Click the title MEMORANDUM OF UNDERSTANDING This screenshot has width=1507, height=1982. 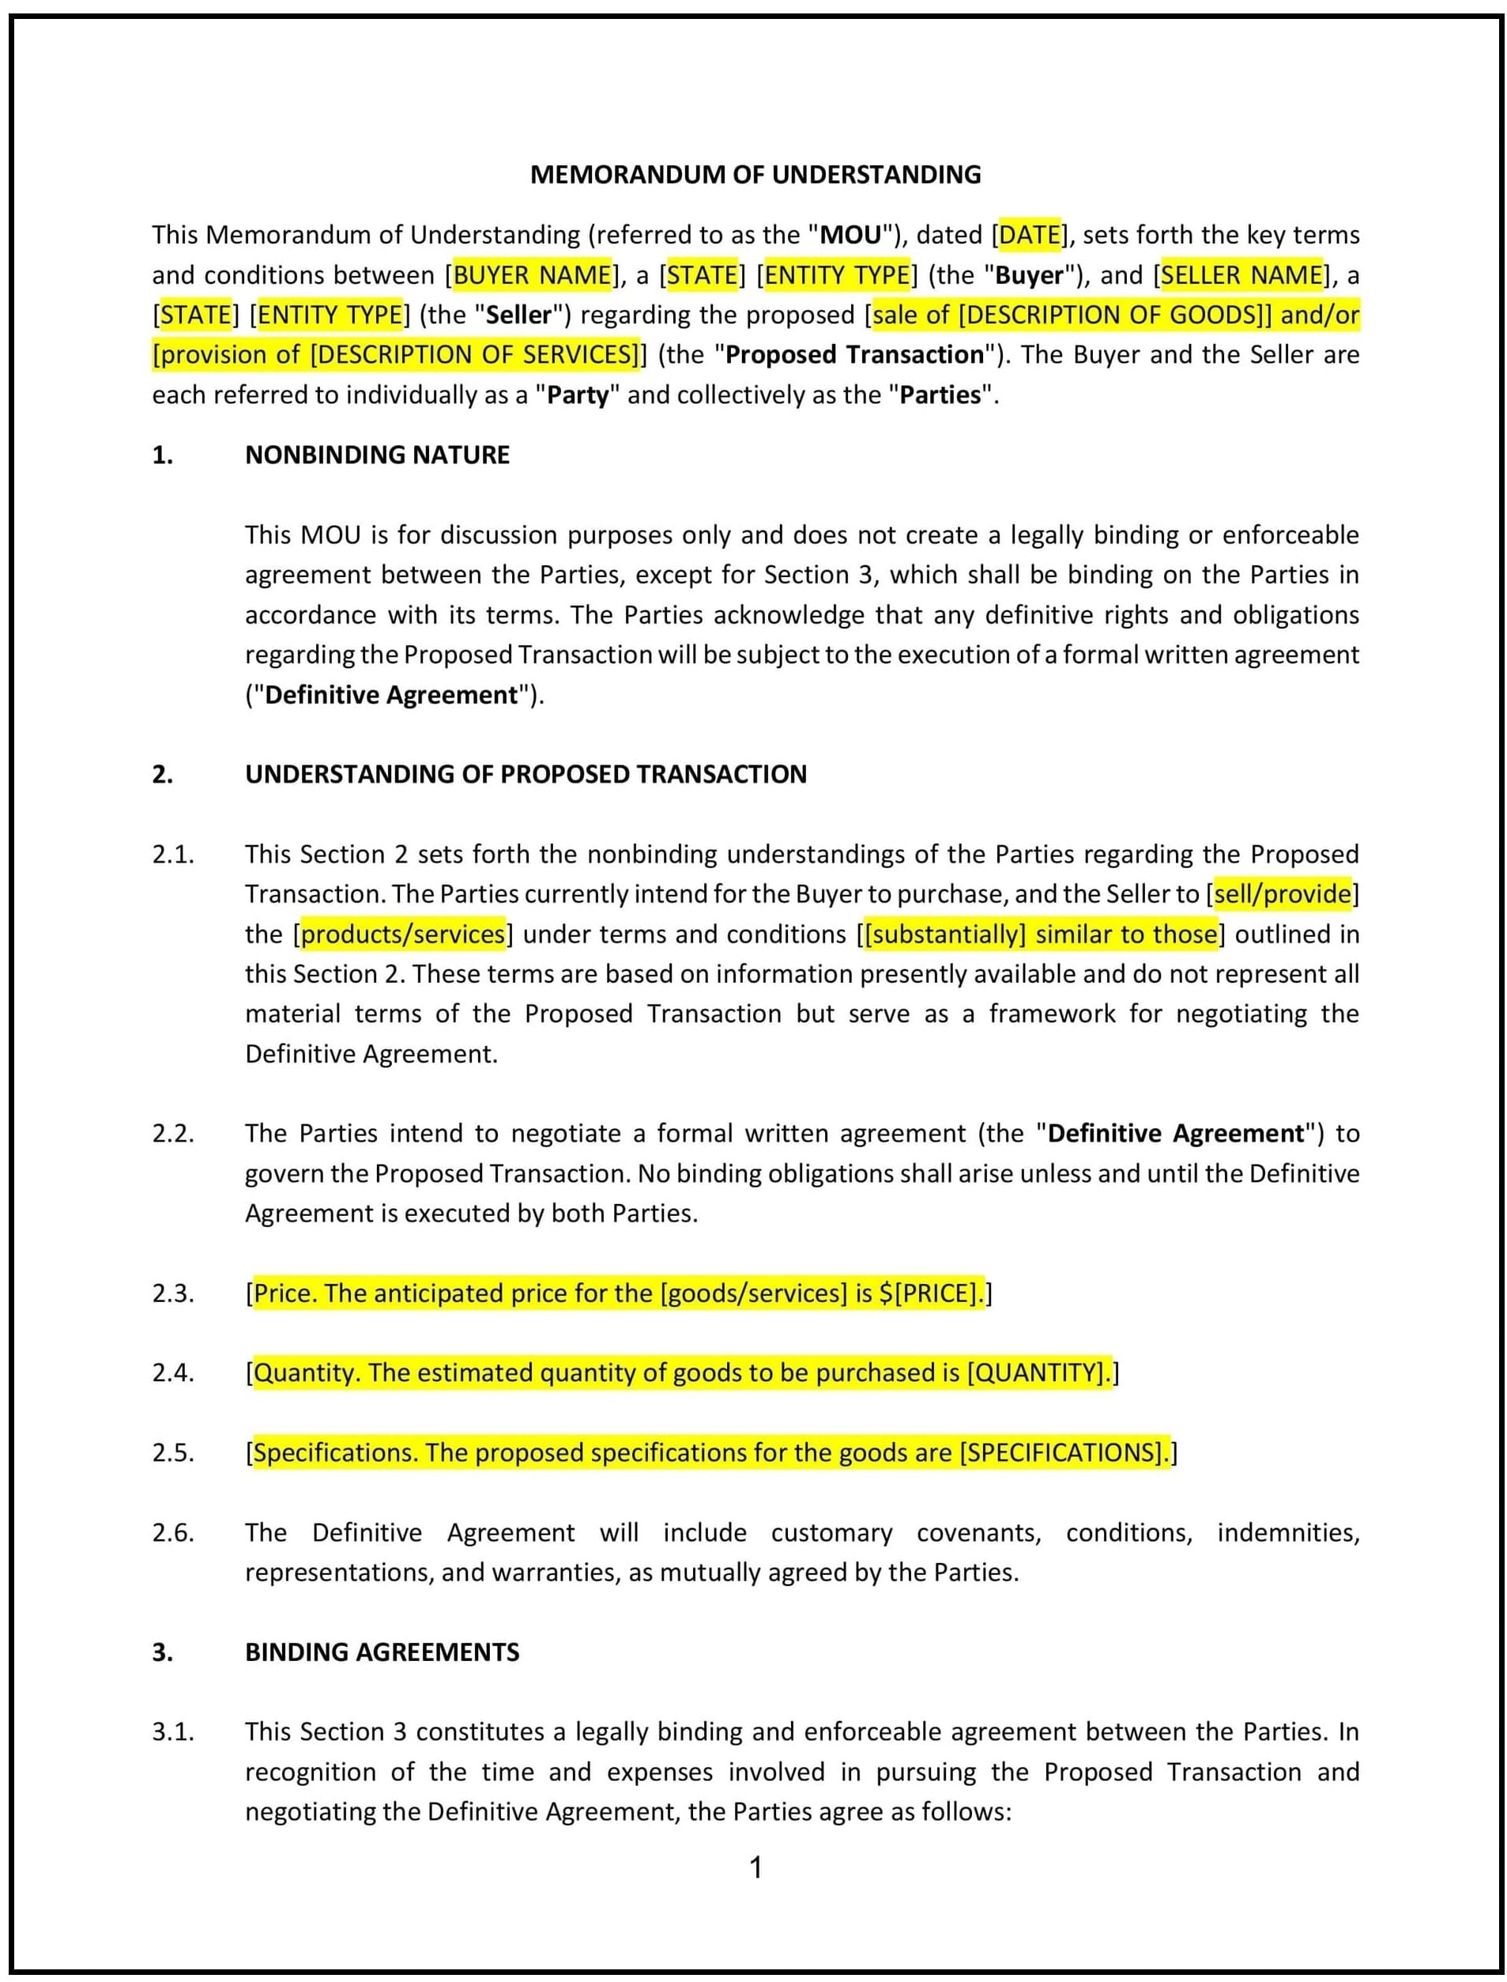pos(755,174)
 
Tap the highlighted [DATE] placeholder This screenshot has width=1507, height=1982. pos(1030,235)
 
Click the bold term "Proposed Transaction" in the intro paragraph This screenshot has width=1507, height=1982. pos(854,354)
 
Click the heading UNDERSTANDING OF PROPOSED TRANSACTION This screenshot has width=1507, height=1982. pos(526,774)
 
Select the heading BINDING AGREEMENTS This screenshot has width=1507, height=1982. pos(382,1652)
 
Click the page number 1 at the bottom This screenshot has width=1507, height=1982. pos(755,1867)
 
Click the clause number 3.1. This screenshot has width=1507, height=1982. pos(172,1731)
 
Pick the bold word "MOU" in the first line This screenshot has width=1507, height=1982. pos(850,235)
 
